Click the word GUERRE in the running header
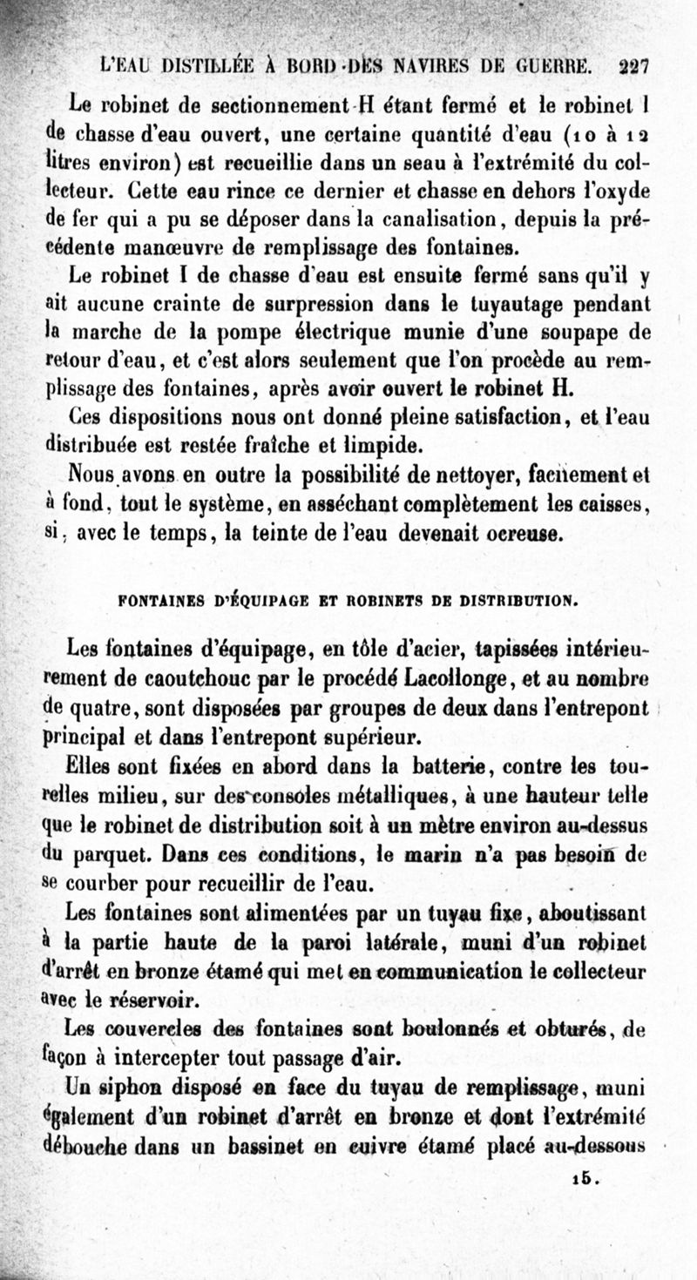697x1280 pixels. pyautogui.click(x=557, y=65)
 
